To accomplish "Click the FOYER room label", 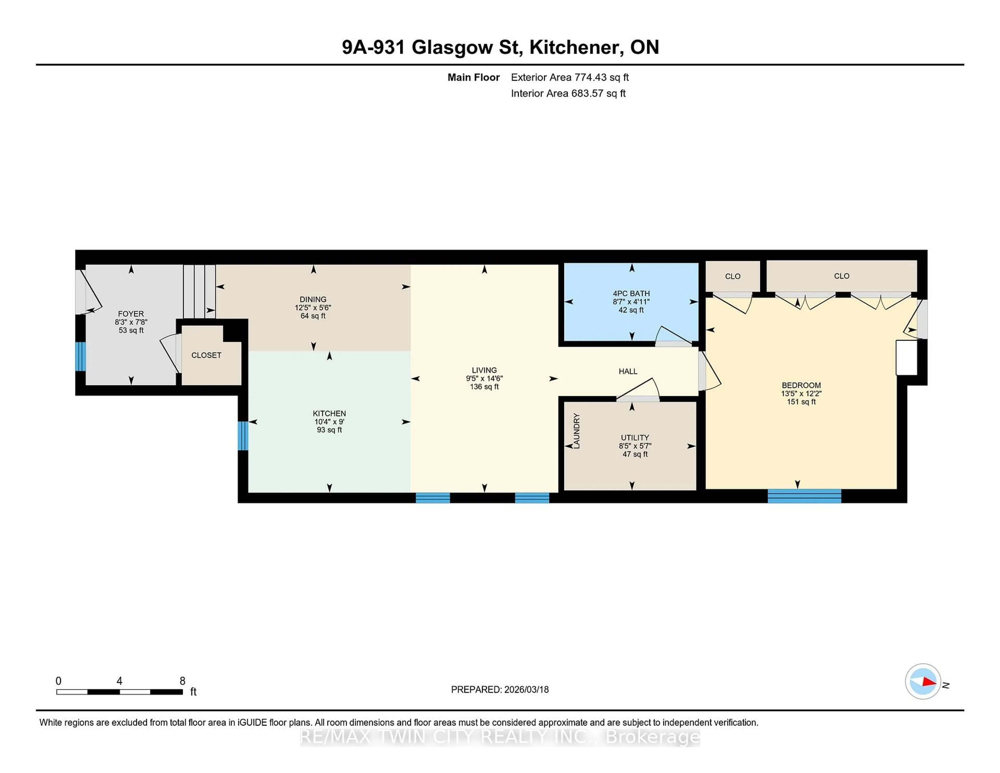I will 131,314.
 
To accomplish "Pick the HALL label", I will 628,371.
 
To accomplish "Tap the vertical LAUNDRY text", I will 577,431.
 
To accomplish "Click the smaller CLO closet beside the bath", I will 733,276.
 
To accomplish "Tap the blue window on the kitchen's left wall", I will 243,435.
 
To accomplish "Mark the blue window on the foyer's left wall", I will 80,356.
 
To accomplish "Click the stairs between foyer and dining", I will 199,291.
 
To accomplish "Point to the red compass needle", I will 929,682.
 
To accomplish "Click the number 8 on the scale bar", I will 182,681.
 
